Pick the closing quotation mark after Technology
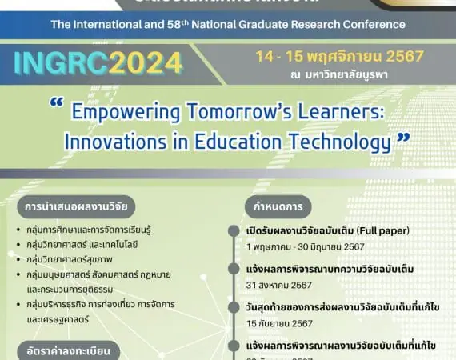pyautogui.click(x=403, y=137)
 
